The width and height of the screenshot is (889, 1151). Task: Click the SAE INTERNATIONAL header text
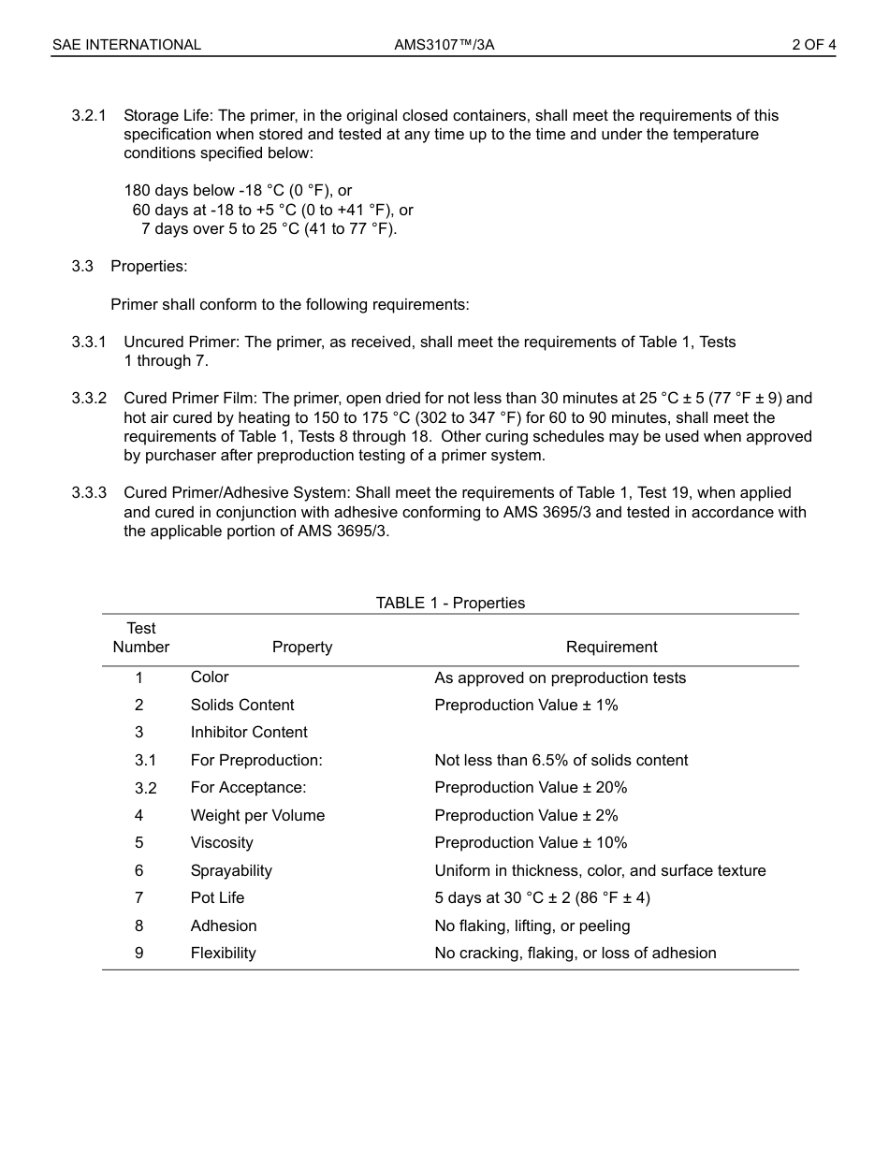(x=126, y=45)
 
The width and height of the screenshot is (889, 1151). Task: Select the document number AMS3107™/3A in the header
(x=444, y=45)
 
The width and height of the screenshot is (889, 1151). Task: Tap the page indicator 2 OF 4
(x=813, y=45)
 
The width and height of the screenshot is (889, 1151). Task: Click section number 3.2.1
(x=89, y=116)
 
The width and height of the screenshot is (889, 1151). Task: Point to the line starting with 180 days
(x=238, y=191)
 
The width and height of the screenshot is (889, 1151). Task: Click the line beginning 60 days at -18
(x=272, y=210)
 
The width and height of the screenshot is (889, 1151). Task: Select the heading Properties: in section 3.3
(x=149, y=266)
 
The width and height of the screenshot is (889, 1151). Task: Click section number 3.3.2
(x=89, y=399)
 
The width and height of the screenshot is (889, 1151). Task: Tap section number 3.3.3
(x=89, y=493)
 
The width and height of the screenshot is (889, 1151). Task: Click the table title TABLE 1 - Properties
(x=450, y=603)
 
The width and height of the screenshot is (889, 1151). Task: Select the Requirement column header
(x=611, y=647)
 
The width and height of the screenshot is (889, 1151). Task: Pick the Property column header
(x=302, y=647)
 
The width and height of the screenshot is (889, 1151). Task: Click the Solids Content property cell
(x=242, y=705)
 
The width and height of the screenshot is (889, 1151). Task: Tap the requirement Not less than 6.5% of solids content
(x=561, y=760)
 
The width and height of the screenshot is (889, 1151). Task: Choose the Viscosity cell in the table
(x=222, y=842)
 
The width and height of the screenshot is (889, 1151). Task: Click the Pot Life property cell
(x=217, y=897)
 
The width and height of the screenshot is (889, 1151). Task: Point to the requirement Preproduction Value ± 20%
(x=531, y=787)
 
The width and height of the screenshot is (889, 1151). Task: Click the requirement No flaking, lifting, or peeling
(x=532, y=925)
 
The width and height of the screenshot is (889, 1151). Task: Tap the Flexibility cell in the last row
(x=223, y=953)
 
